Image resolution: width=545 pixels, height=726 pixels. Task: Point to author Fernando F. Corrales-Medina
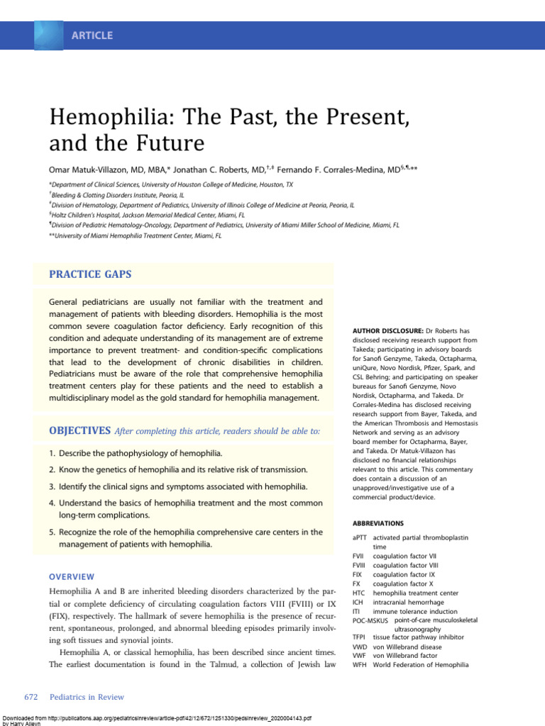pos(343,169)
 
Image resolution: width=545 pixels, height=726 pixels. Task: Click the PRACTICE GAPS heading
pos(89,274)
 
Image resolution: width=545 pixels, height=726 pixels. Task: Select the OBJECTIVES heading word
pos(79,430)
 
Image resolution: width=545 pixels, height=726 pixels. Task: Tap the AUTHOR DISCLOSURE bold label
pos(387,331)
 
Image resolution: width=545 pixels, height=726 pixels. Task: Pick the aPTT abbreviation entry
pos(360,538)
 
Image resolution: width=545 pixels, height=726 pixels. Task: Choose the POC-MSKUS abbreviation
pos(370,620)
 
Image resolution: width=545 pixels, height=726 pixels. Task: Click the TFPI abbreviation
pos(359,637)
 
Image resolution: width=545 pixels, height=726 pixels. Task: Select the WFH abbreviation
pos(359,665)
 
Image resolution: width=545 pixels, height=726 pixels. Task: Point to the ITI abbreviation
pos(356,611)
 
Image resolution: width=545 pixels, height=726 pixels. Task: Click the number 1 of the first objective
pos(52,452)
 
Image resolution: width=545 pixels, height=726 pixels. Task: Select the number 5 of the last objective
pos(52,532)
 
